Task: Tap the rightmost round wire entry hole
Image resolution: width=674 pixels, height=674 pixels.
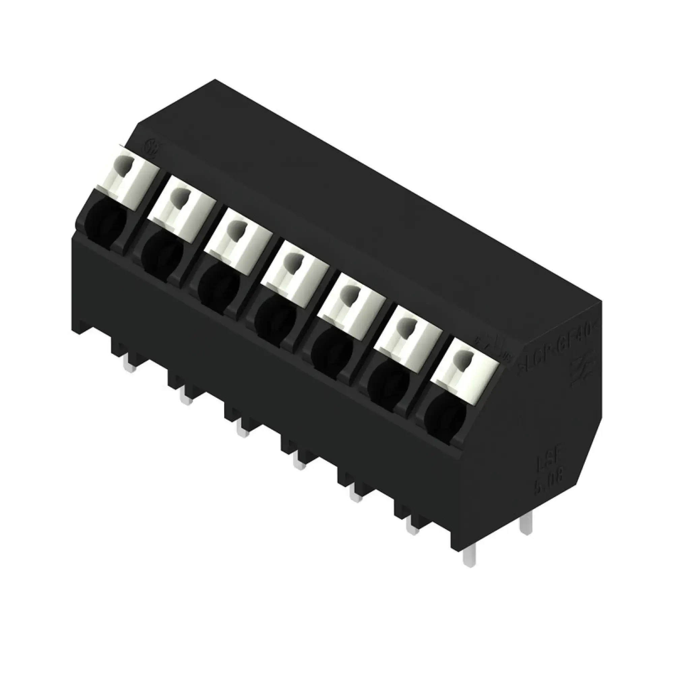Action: click(x=446, y=420)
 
